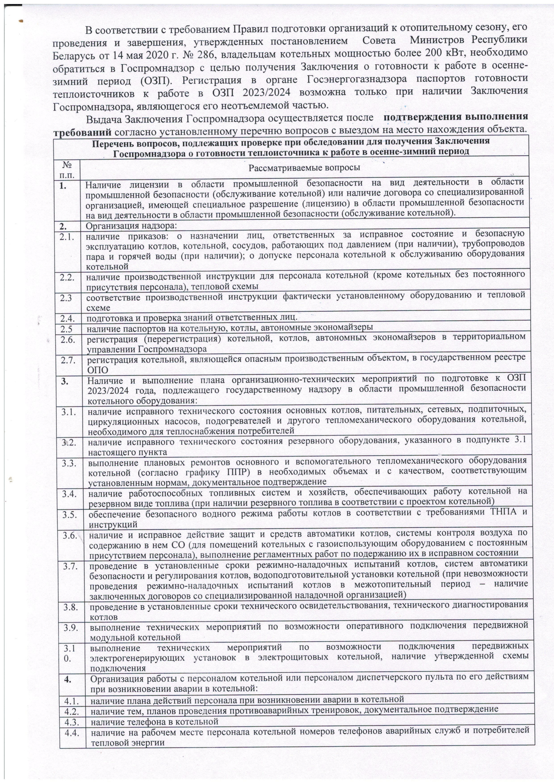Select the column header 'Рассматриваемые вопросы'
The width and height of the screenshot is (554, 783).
tap(304, 168)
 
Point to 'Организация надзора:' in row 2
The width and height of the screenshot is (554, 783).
tap(131, 225)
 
